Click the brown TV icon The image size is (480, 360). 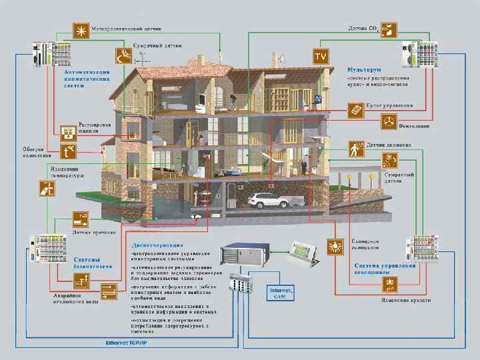tap(321, 56)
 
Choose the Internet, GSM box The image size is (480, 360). tap(279, 293)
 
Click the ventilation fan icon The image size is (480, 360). tap(388, 122)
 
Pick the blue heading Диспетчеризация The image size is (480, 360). tap(157, 244)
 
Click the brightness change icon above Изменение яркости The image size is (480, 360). tap(389, 285)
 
